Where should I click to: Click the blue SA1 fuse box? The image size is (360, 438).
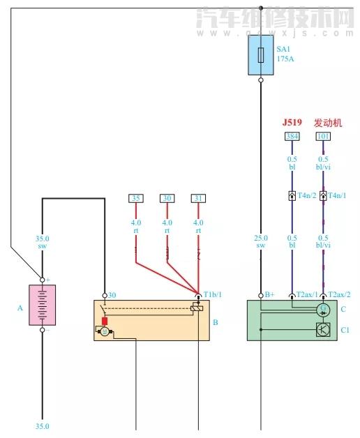[261, 56]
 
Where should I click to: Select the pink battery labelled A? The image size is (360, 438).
[42, 305]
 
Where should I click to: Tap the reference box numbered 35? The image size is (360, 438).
[136, 199]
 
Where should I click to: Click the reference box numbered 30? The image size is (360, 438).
[167, 199]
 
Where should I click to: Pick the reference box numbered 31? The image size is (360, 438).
[199, 199]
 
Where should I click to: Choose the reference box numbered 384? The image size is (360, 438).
[292, 136]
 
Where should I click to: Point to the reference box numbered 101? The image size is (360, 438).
[323, 136]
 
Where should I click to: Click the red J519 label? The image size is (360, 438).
[292, 122]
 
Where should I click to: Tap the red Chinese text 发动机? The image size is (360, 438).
[328, 122]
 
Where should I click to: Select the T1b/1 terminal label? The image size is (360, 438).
[211, 294]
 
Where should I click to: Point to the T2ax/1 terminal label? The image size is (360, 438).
[307, 294]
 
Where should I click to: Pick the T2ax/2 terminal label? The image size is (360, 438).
[339, 294]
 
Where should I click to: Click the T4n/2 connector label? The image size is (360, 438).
[308, 196]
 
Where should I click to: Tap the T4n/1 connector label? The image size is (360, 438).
[338, 196]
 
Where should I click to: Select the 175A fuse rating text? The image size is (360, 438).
[285, 59]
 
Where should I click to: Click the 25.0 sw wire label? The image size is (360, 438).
[261, 241]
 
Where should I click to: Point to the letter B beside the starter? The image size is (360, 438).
[215, 323]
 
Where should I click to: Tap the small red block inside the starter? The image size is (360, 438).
[105, 321]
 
